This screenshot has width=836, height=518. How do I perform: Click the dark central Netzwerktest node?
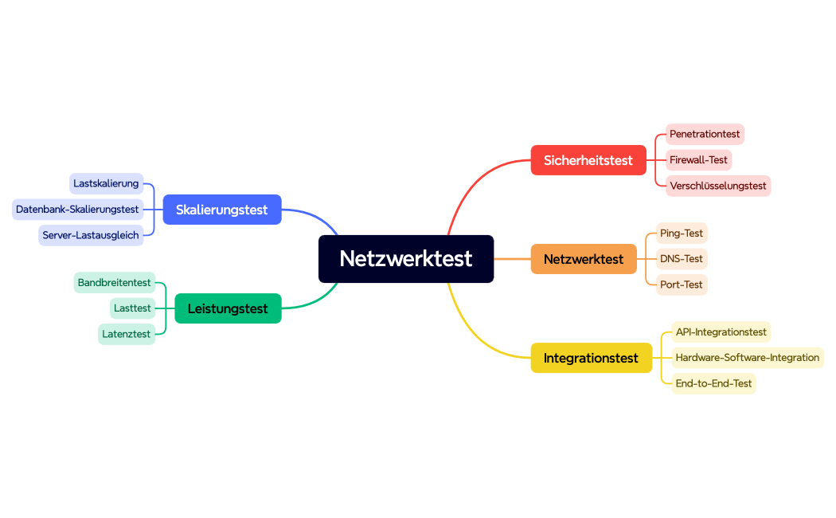coord(406,259)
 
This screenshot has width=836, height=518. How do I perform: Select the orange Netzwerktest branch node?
coord(584,259)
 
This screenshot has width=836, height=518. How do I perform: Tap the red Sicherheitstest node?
coord(588,160)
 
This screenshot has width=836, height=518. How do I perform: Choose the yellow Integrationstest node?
coord(591,358)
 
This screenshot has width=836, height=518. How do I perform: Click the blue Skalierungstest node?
coord(222,210)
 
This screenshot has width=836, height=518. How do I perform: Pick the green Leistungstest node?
coord(228,308)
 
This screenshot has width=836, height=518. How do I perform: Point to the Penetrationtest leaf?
coord(705,134)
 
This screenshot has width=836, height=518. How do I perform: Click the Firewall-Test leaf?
coord(698,159)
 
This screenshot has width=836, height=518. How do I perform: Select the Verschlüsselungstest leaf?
coord(717,186)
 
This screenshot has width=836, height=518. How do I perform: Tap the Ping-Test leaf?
coord(682,233)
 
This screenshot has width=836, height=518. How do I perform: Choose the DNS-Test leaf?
coord(682,259)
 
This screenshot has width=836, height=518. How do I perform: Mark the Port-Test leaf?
coord(682,285)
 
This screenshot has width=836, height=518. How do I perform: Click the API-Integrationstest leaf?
coord(721,332)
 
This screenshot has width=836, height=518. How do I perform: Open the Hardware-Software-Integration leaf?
coord(747,358)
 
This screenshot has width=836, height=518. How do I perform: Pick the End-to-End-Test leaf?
coord(713,383)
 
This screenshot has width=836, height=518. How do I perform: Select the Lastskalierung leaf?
coord(106,183)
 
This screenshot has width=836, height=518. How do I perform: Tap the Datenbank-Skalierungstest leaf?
coord(77,210)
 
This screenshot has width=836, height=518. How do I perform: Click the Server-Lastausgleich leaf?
coord(91,235)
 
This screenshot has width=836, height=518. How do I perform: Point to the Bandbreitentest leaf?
coord(114,283)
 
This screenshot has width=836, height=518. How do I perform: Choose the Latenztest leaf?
coord(126,334)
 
